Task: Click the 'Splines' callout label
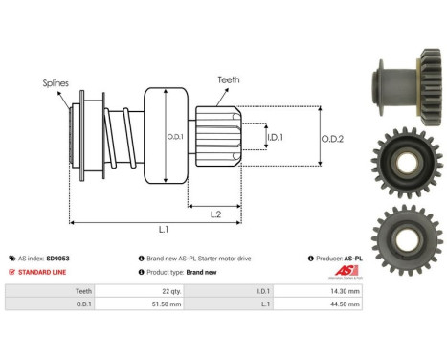click(55, 84)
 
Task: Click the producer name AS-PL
click(356, 259)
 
